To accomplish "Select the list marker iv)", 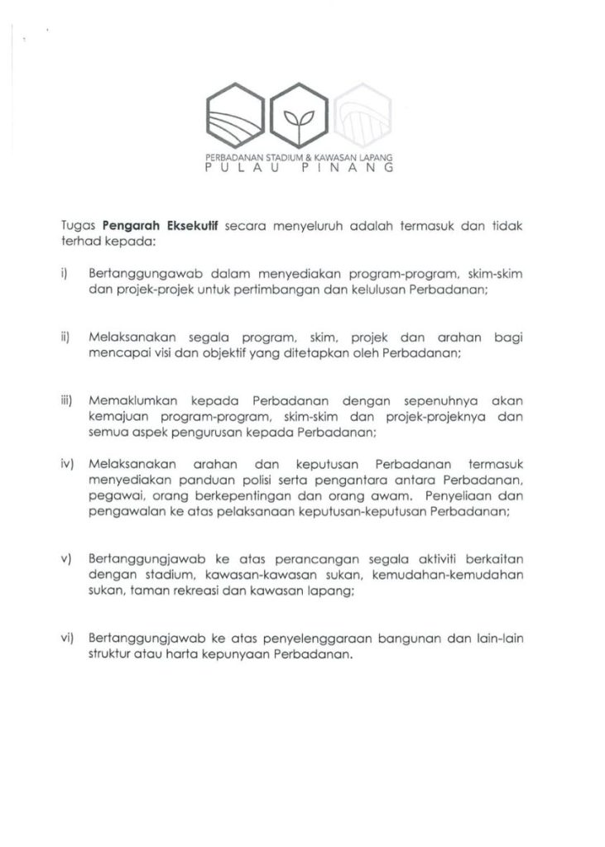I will point(67,466).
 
